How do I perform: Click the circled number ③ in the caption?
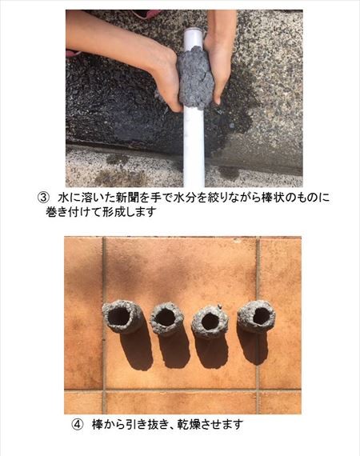coord(42,198)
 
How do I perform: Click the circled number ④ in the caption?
coord(76,424)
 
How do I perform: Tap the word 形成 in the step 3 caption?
coord(112,212)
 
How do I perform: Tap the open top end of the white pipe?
coord(193,30)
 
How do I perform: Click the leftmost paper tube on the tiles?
coord(121,317)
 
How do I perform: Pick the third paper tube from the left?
coord(210,322)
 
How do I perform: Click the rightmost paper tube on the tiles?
coord(256,317)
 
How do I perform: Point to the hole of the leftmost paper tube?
coord(119,316)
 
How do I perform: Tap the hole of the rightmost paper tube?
coord(261,316)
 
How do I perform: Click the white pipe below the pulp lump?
coord(194,147)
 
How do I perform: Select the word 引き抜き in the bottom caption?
coord(144,424)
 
